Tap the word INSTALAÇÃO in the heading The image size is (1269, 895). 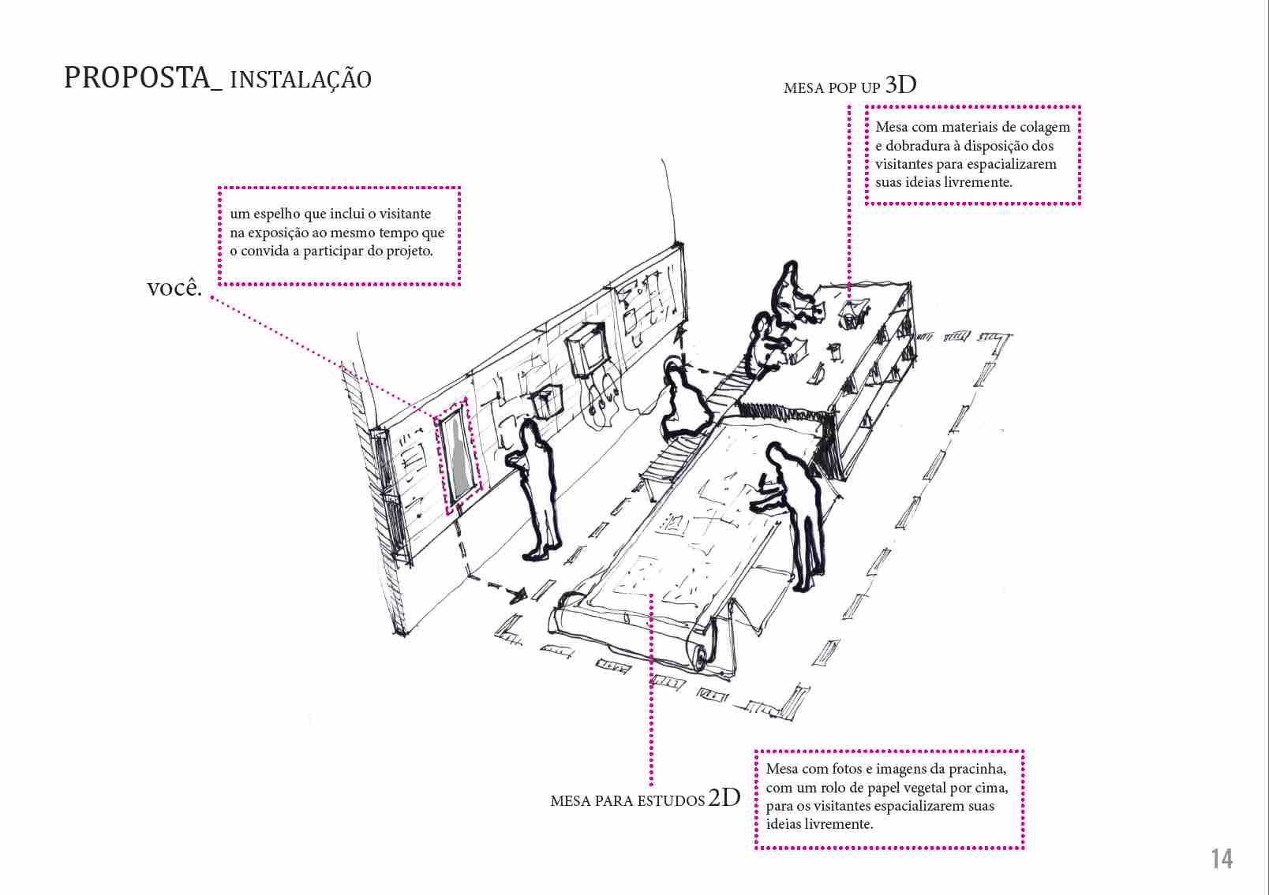tap(301, 80)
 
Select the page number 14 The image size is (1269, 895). tap(1222, 859)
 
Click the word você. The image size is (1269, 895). tap(174, 287)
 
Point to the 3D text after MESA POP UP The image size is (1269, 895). tap(900, 85)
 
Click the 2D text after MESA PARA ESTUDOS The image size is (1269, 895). tap(724, 798)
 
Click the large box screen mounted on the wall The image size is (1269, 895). tap(587, 349)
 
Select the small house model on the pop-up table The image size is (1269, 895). tap(851, 313)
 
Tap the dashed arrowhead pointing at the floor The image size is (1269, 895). tap(518, 595)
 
